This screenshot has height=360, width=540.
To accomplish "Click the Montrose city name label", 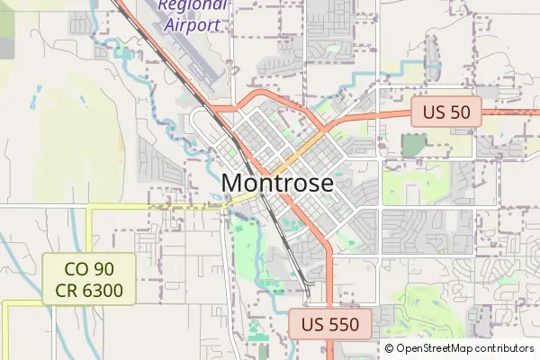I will [x=277, y=183].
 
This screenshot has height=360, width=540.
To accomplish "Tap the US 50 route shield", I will [x=447, y=113].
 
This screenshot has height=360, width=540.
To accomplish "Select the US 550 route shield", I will [x=330, y=325].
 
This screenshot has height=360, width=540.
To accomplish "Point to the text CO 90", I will [x=90, y=268].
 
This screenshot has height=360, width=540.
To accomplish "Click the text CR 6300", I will [x=90, y=290].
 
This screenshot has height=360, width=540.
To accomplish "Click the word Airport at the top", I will [x=193, y=24].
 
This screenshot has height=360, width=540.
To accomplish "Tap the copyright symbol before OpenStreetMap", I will [x=390, y=348].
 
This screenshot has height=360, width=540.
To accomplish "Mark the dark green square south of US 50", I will [x=413, y=145].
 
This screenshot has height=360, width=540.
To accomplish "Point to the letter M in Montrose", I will [x=231, y=183].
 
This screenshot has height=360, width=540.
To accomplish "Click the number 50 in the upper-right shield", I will [x=463, y=113].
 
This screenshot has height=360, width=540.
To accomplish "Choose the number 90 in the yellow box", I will [x=107, y=268].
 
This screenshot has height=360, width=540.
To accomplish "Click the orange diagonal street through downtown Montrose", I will [x=297, y=153].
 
